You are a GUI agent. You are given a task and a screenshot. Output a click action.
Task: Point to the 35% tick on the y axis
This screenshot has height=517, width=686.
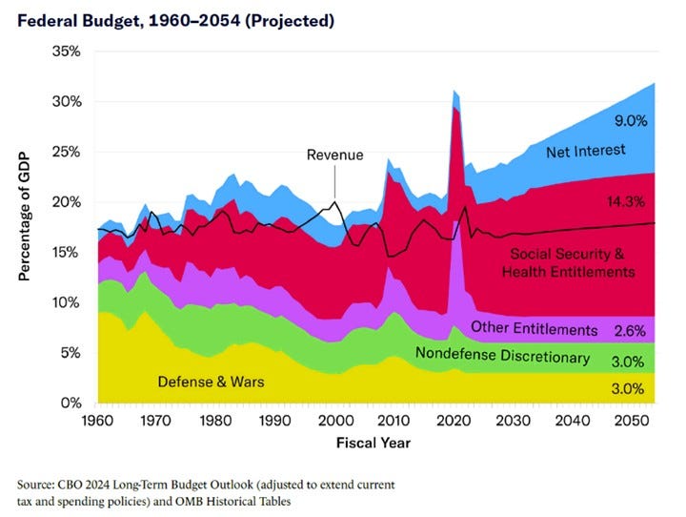[68, 52]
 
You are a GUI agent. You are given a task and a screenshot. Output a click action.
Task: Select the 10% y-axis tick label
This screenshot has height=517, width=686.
[68, 302]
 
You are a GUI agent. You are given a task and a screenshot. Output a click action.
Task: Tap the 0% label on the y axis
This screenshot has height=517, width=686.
[72, 403]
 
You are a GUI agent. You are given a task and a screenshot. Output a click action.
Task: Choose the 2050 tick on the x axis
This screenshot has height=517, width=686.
[630, 422]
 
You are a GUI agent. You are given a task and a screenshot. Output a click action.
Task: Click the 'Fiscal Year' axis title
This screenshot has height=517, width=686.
[374, 444]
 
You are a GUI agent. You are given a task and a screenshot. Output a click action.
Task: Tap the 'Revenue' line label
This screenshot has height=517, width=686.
[334, 155]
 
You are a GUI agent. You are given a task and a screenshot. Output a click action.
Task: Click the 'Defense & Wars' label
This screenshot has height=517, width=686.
[211, 382]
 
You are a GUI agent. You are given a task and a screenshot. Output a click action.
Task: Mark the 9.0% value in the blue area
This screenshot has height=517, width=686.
[630, 121]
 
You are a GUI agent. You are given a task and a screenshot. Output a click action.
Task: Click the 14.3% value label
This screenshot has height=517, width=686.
[627, 202]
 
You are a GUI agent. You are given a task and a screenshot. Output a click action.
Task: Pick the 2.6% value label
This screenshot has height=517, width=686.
[630, 331]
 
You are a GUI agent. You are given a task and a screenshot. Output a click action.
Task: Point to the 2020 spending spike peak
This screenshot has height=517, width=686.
[455, 91]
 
